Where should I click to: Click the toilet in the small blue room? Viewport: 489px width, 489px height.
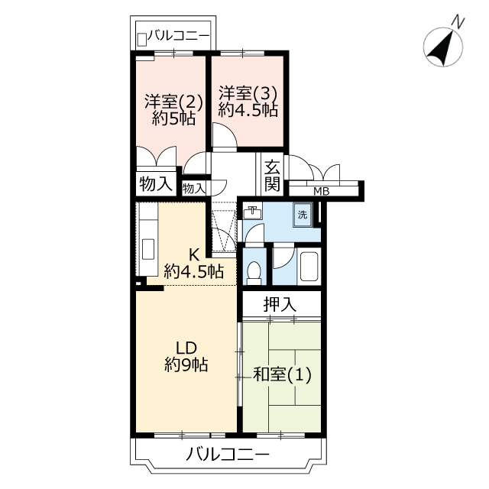pyautogui.click(x=254, y=272)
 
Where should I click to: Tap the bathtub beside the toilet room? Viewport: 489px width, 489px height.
pyautogui.click(x=309, y=266)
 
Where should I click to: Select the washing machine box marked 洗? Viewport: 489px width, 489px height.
pyautogui.click(x=303, y=215)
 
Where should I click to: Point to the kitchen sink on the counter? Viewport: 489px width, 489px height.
pyautogui.click(x=148, y=249)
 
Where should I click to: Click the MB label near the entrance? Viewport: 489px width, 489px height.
pyautogui.click(x=321, y=191)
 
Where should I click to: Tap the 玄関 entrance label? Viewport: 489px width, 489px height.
pyautogui.click(x=272, y=176)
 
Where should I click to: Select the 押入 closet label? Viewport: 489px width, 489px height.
pyautogui.click(x=280, y=304)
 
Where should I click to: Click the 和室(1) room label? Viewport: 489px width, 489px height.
pyautogui.click(x=282, y=374)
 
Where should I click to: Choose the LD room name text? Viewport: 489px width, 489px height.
pyautogui.click(x=186, y=347)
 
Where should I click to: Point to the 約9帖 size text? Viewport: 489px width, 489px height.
pyautogui.click(x=186, y=364)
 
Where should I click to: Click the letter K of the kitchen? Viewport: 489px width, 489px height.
pyautogui.click(x=194, y=255)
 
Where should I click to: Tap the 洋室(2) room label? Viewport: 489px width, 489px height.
pyautogui.click(x=173, y=101)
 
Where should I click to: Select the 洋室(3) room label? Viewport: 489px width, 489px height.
pyautogui.click(x=248, y=92)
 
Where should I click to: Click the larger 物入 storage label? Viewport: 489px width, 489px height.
pyautogui.click(x=156, y=183)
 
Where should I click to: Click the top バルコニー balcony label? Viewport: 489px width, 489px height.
pyautogui.click(x=178, y=36)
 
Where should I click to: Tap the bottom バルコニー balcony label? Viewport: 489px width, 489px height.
pyautogui.click(x=228, y=455)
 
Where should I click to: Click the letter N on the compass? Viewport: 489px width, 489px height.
pyautogui.click(x=458, y=22)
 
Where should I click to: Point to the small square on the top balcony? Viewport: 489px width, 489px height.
pyautogui.click(x=142, y=40)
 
